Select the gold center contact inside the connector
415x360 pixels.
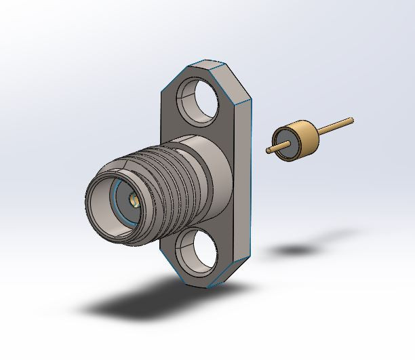pos(133,200)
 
